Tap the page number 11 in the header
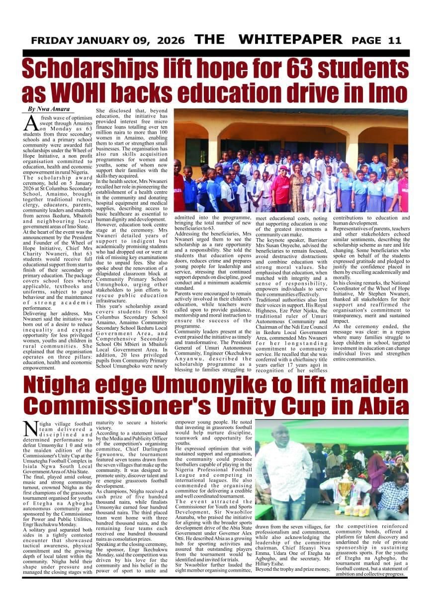pyautogui.click(x=394, y=41)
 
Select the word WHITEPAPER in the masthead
pyautogui.click(x=290, y=40)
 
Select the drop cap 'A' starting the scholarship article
pyautogui.click(x=31, y=122)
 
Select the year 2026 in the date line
pyautogui.click(x=169, y=41)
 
